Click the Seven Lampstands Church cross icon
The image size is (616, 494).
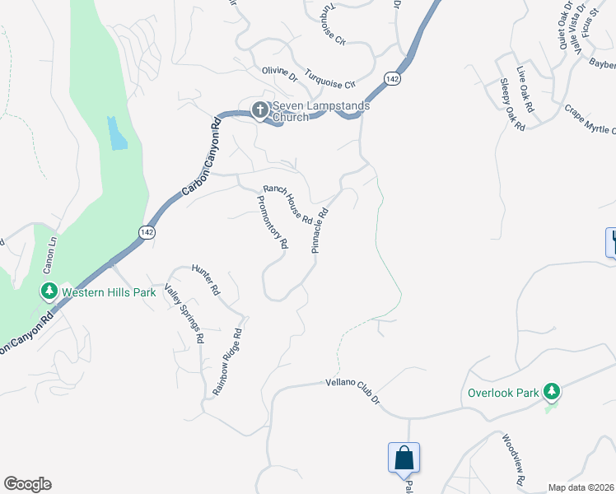(259, 110)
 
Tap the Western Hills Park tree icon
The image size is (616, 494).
(49, 291)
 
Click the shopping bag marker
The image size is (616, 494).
(404, 458)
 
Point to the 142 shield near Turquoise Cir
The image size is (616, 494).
(392, 78)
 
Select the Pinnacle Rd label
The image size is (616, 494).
(320, 230)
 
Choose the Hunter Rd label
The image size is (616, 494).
(206, 279)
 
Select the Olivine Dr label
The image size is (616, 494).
(279, 75)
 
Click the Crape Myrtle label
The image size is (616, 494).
(590, 119)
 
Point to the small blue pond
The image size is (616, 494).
(117, 133)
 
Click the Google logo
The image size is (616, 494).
(27, 484)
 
